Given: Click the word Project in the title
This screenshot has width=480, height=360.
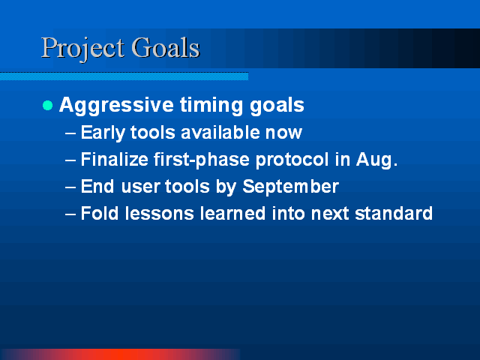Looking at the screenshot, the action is [83, 49].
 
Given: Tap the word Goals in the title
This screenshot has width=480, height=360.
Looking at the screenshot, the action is [166, 47].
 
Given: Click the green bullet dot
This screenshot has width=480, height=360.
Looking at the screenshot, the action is [48, 106].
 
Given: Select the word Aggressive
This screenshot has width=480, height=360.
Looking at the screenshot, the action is [117, 106].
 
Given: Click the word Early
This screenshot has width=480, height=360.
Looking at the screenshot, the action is [103, 133].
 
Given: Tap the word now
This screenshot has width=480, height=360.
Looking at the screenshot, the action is [283, 133].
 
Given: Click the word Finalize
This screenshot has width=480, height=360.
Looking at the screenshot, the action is [115, 160].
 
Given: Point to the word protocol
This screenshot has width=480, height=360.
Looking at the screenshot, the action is [292, 160].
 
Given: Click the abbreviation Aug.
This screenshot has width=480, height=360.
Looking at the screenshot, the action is [376, 160].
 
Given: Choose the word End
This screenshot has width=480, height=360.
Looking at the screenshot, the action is [97, 187].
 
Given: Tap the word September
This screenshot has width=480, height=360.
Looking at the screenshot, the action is [290, 187].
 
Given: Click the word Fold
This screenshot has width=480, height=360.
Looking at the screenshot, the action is [100, 213].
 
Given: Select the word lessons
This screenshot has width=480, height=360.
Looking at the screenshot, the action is [160, 213].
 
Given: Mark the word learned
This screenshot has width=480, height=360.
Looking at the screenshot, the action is [232, 213].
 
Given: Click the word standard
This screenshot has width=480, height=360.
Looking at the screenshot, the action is [394, 213].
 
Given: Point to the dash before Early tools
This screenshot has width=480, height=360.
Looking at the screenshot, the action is [70, 133].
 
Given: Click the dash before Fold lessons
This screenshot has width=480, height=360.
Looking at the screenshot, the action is [70, 214].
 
